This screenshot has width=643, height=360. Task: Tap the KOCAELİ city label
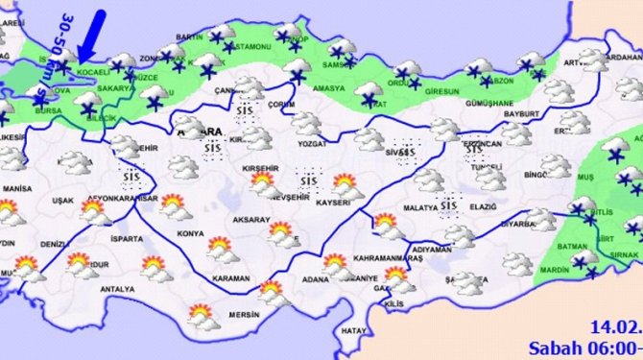click(96, 71)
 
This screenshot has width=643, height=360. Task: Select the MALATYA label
click(420, 207)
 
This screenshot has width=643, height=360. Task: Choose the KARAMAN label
click(231, 279)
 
